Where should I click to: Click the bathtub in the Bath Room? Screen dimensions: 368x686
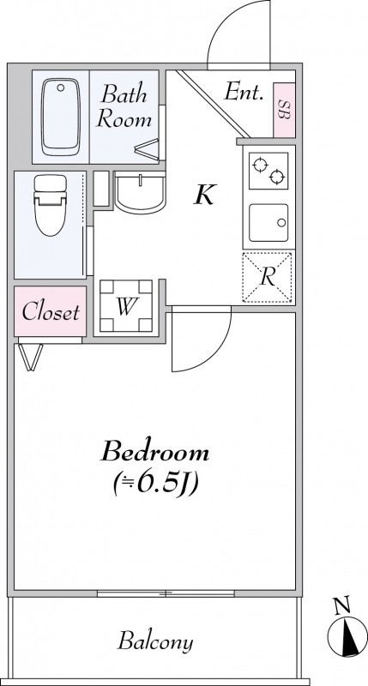[61, 117]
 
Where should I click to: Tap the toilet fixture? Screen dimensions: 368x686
[51, 205]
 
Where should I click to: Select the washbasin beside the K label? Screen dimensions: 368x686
[140, 193]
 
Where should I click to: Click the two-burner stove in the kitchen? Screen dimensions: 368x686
[268, 171]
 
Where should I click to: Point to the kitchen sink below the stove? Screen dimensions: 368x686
[268, 223]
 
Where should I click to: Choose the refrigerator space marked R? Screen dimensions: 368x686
[267, 277]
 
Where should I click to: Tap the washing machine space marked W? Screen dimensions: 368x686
[126, 306]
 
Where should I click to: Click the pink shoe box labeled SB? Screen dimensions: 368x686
[284, 110]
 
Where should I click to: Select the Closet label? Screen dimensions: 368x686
[51, 312]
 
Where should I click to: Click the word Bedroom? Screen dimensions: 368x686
[155, 452]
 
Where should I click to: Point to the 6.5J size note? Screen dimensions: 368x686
[156, 483]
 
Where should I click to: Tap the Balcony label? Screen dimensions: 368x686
[155, 641]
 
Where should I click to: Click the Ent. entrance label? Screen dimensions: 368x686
[244, 93]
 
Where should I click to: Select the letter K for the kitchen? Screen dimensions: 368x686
[205, 196]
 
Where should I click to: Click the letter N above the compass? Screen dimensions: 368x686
[341, 606]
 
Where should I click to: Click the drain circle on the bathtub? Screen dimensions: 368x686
[60, 87]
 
